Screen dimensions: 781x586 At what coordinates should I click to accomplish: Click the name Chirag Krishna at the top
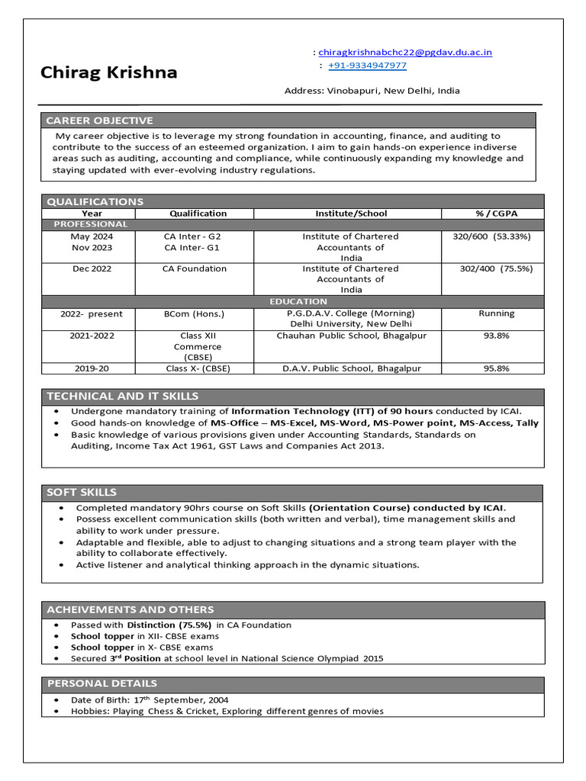click(x=108, y=72)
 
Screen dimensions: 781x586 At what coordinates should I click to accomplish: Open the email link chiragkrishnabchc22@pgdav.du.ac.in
click(x=405, y=52)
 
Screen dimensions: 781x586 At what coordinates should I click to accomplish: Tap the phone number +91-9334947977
click(x=367, y=66)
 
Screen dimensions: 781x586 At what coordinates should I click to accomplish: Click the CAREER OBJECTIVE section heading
click(x=99, y=121)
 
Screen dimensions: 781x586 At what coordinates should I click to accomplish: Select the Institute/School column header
click(x=351, y=214)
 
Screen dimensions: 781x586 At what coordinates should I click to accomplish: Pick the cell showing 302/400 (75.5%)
click(x=496, y=268)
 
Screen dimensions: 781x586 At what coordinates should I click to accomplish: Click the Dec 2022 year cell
click(x=92, y=268)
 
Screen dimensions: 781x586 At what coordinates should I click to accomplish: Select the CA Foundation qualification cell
click(x=195, y=268)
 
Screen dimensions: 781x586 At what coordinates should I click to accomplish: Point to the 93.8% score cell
click(x=496, y=336)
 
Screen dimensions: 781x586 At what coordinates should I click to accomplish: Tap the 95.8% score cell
click(x=496, y=368)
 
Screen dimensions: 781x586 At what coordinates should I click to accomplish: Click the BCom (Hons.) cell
click(x=195, y=313)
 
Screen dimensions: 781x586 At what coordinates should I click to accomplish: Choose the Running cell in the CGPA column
click(x=496, y=313)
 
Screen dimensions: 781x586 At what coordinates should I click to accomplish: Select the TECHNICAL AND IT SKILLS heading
click(x=123, y=396)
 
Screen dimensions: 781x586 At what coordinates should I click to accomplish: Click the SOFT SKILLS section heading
click(x=82, y=492)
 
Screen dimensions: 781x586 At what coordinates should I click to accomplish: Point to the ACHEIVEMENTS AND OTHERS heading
click(x=130, y=609)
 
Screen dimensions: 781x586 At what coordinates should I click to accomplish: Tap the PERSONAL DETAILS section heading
click(x=102, y=683)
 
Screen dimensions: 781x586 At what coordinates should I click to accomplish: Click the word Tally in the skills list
click(x=526, y=423)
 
